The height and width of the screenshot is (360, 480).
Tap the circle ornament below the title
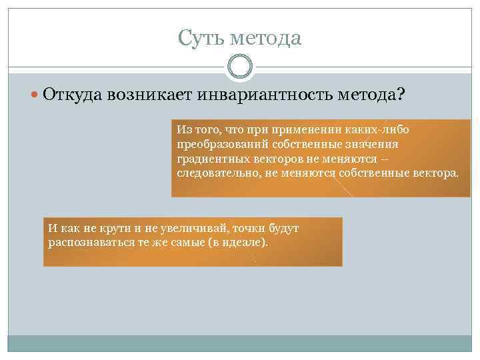pyautogui.click(x=240, y=67)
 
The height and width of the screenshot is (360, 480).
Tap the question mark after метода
pyautogui.click(x=399, y=95)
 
